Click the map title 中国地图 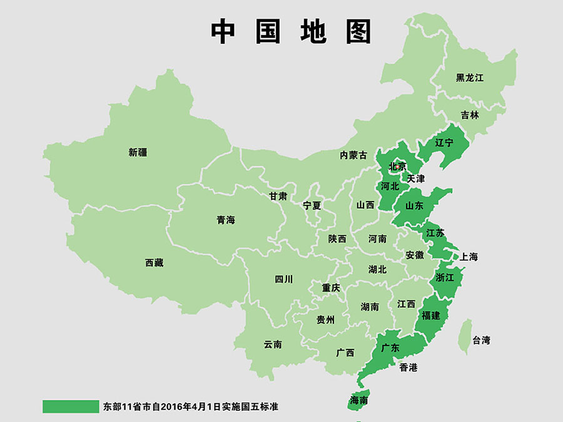tap(292, 31)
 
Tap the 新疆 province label tap(138, 152)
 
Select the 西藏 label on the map tap(154, 263)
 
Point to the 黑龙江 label tap(470, 78)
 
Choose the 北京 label tap(397, 167)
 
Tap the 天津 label tap(416, 178)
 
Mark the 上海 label tap(469, 257)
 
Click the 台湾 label tap(482, 341)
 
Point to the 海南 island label tap(359, 399)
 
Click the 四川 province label tap(283, 279)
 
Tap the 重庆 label tap(331, 288)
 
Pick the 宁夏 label tap(312, 205)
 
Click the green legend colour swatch tap(71, 406)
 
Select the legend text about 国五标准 tap(190, 406)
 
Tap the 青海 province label tap(226, 220)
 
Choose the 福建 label tap(430, 315)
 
